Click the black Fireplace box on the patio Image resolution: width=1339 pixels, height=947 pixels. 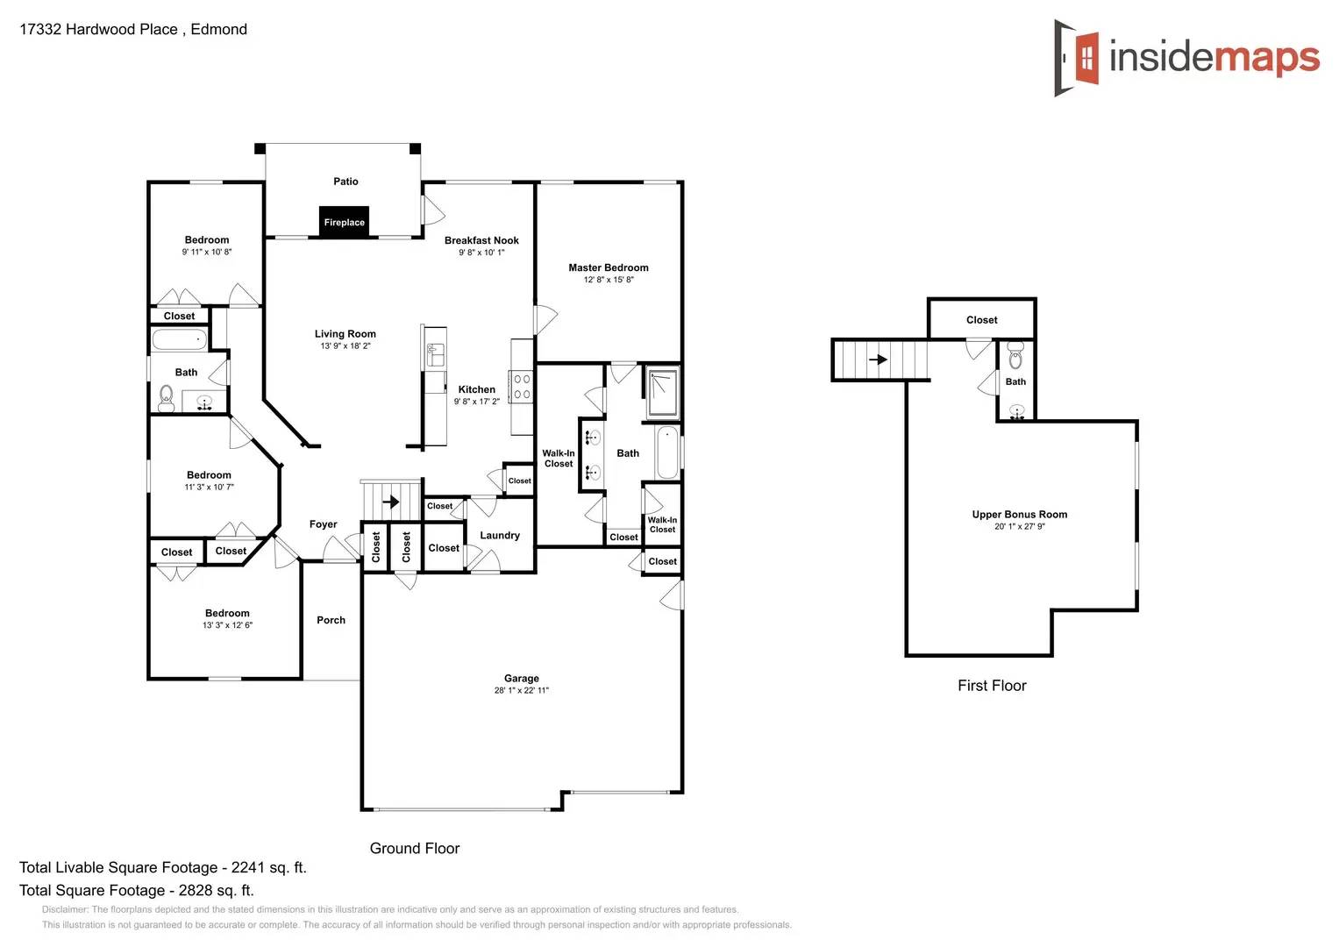[x=344, y=222]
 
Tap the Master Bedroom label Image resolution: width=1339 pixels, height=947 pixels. [x=608, y=267]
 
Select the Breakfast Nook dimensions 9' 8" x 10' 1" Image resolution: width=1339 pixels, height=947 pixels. [x=481, y=253]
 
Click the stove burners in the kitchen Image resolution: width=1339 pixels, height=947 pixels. [x=522, y=387]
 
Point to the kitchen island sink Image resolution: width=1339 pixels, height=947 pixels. [x=435, y=355]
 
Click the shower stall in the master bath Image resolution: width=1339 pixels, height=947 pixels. [x=662, y=392]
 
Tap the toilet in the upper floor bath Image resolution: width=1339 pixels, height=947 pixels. [x=1015, y=357]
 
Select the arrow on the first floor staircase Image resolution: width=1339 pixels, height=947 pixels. [x=878, y=360]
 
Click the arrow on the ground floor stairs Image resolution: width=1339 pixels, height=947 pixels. [x=391, y=502]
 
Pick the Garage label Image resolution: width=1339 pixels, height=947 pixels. [x=521, y=678]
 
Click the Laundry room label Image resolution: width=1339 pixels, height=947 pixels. [x=500, y=535]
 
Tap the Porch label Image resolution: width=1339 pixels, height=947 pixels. [x=331, y=620]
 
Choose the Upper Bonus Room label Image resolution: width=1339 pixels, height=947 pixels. [x=1019, y=514]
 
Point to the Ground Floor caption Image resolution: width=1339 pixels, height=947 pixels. [x=414, y=848]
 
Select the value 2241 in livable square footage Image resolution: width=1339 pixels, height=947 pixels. [x=247, y=867]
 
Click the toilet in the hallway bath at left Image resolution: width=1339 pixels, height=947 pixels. [x=166, y=399]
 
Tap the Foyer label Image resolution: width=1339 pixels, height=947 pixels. [x=323, y=524]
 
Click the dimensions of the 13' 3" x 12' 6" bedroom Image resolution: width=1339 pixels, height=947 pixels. [x=227, y=625]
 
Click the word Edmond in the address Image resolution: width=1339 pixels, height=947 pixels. [x=218, y=29]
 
